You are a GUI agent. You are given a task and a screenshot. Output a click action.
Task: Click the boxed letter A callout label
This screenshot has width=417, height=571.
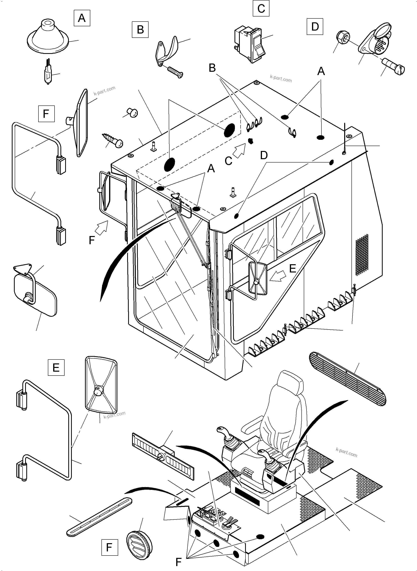[82, 18]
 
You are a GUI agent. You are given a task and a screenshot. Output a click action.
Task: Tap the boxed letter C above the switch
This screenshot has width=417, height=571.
[261, 8]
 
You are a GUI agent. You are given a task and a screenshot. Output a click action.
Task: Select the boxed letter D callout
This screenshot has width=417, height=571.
[315, 26]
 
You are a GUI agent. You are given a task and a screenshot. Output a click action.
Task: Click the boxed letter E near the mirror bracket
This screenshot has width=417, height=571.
[56, 368]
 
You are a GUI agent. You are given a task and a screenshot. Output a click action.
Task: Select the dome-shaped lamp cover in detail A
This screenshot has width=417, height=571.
[48, 37]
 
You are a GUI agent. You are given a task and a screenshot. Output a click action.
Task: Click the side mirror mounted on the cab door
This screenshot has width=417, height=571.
[258, 279]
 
